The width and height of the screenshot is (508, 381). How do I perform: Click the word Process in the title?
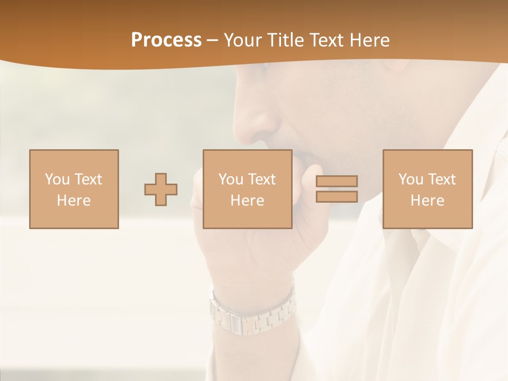(166, 40)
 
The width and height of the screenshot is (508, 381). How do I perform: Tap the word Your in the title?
(243, 40)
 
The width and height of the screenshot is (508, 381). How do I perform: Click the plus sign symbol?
(161, 189)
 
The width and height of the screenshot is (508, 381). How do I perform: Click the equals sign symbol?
(337, 189)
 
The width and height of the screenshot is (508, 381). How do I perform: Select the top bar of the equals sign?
(337, 182)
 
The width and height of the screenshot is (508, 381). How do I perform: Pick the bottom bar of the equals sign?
(337, 196)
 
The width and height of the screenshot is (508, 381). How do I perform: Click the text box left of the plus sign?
(74, 189)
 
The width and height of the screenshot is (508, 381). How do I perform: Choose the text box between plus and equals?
(247, 189)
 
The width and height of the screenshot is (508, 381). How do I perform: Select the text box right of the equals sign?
(427, 189)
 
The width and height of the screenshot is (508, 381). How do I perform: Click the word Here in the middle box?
(247, 200)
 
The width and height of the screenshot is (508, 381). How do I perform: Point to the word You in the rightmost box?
(411, 179)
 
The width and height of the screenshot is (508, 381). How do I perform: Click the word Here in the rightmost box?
(427, 200)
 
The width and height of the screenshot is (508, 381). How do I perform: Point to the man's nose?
(257, 119)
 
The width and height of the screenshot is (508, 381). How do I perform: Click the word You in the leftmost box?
(57, 179)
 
